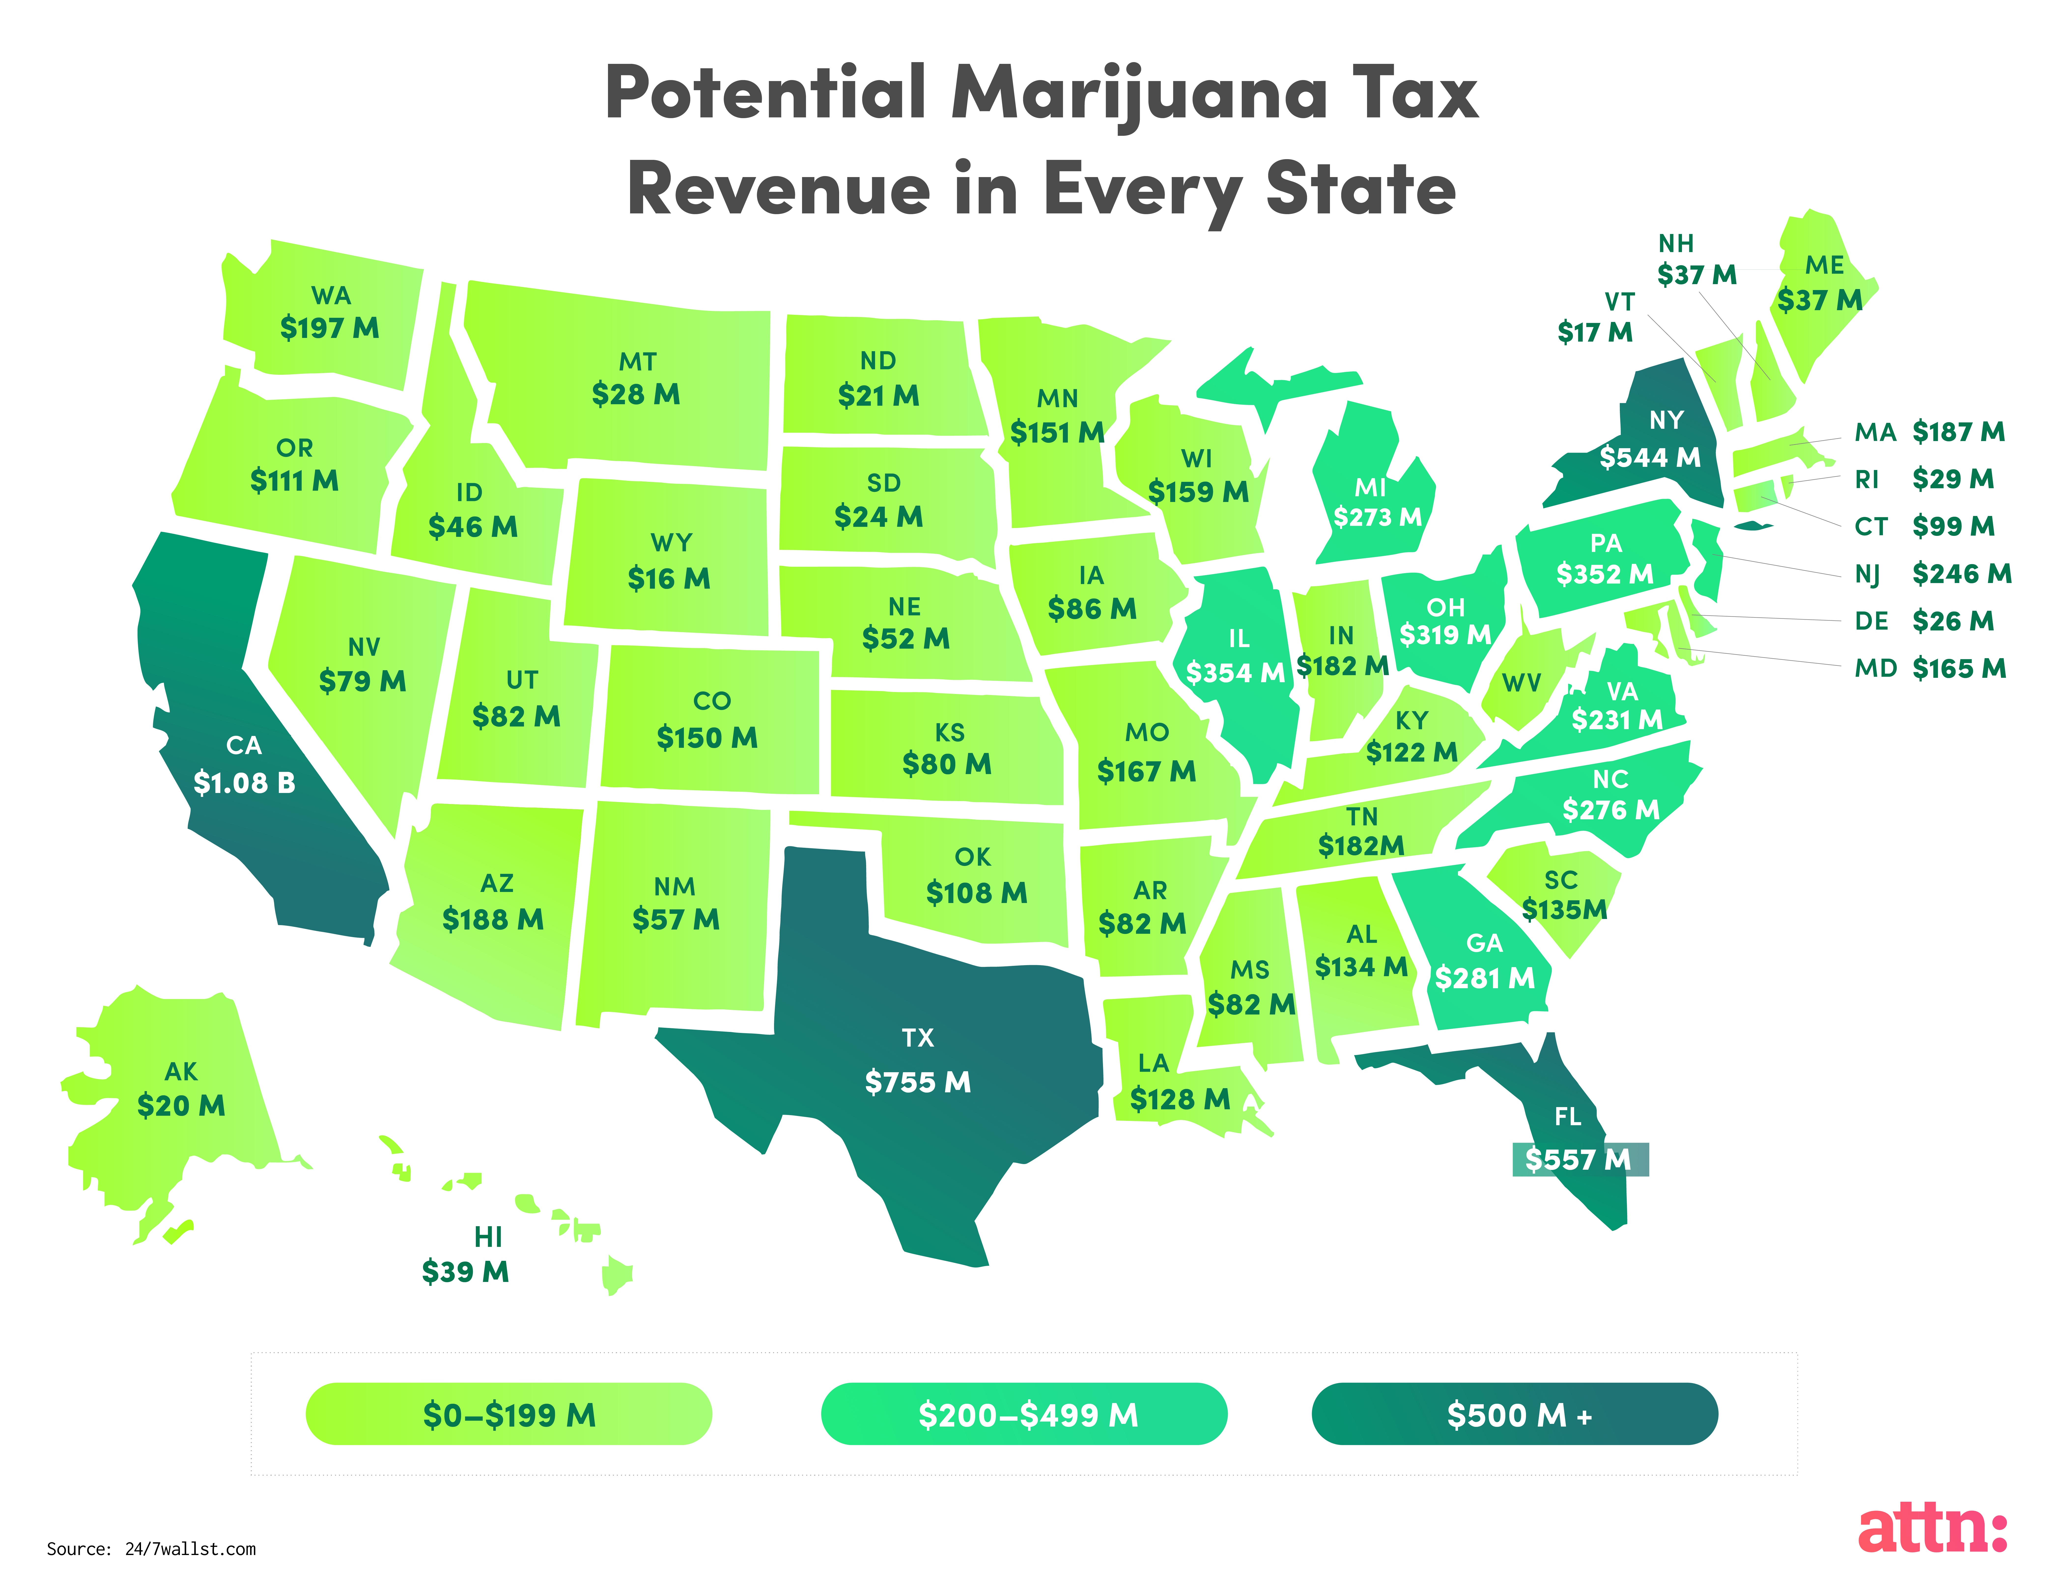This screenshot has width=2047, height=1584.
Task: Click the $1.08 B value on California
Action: tap(244, 783)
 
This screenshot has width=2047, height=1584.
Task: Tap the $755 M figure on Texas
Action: tap(918, 1082)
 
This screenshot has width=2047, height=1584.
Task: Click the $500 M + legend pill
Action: tap(1514, 1413)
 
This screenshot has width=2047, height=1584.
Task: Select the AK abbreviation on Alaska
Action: tap(181, 1071)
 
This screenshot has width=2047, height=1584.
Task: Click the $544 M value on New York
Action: tap(1650, 457)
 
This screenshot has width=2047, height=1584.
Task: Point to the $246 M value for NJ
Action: tap(1962, 574)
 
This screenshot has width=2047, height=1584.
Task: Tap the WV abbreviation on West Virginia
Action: tap(1521, 683)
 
